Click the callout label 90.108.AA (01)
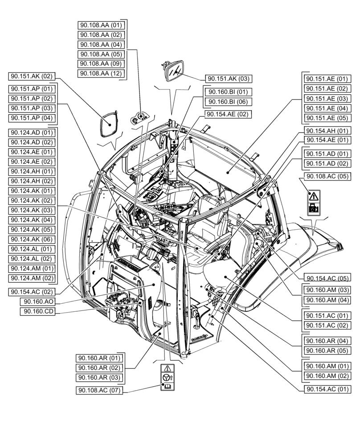(101, 25)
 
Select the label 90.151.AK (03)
(228, 79)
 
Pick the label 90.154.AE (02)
(228, 115)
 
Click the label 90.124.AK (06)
(32, 239)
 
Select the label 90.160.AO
(37, 302)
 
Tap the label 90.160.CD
(37, 311)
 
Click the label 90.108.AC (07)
(98, 390)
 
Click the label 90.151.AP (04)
(32, 118)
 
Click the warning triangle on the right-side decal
(314, 196)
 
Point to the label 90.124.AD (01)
(32, 132)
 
